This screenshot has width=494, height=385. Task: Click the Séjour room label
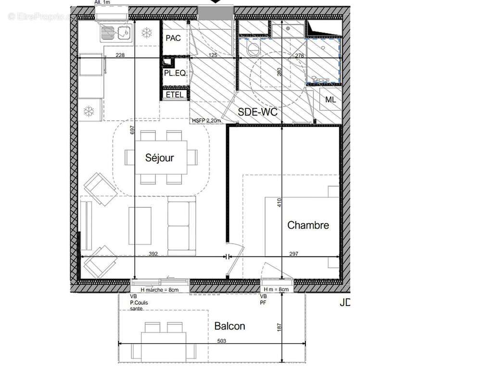tap(160, 158)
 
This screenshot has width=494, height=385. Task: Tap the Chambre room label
tap(308, 225)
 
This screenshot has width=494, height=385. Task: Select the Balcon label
tap(229, 326)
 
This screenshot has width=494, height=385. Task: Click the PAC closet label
tap(173, 38)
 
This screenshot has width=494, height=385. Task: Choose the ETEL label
tap(174, 95)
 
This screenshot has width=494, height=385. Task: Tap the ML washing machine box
tap(330, 100)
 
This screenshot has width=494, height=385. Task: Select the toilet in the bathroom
tap(252, 48)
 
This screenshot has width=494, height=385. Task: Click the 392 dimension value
tap(153, 254)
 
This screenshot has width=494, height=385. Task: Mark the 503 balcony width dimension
tap(221, 341)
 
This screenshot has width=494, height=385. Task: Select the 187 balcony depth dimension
tap(279, 327)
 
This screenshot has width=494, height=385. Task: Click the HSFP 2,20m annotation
tap(206, 121)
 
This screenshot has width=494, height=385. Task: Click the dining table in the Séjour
tap(161, 157)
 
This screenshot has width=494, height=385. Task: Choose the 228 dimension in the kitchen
tap(120, 55)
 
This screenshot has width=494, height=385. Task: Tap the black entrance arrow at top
tap(216, 2)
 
